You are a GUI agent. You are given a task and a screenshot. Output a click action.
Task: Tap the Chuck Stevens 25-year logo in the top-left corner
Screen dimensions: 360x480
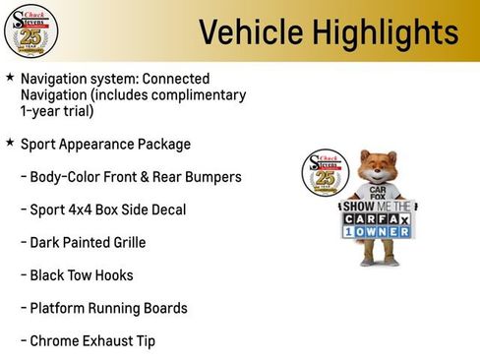point(30,31)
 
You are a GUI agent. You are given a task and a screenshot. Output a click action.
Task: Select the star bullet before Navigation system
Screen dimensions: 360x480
point(10,77)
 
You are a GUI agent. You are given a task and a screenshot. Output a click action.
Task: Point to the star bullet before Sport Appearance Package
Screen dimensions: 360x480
point(10,143)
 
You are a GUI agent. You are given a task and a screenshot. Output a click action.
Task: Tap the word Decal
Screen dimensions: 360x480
point(166,210)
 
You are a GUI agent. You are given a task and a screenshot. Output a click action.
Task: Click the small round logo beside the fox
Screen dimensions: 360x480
point(322,173)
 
